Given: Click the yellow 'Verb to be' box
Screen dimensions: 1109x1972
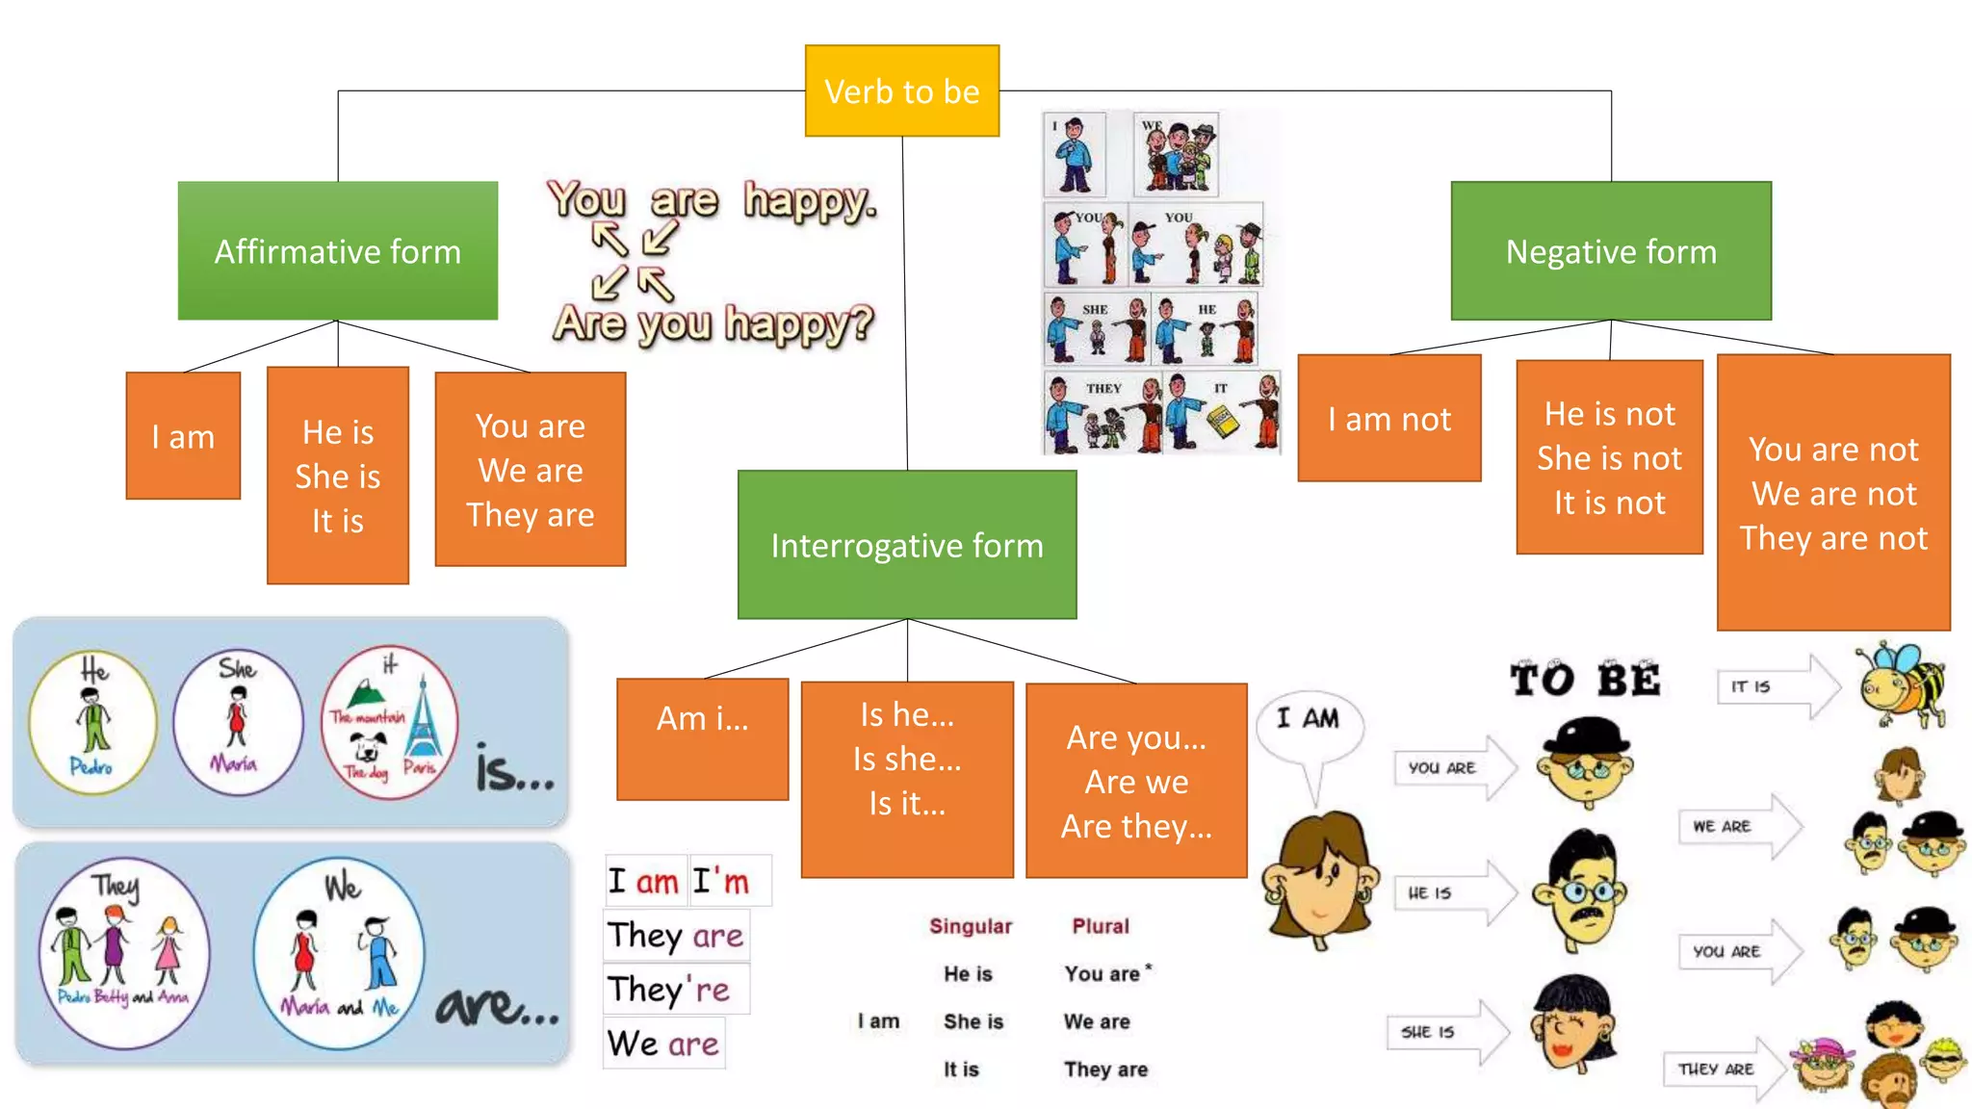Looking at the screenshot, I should click(901, 90).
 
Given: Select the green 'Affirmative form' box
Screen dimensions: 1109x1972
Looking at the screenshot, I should click(337, 250).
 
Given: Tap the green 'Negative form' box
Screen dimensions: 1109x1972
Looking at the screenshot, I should click(1611, 250).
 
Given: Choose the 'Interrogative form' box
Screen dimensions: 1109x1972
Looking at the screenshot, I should click(906, 545).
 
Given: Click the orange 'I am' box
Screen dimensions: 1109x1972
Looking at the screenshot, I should click(183, 436).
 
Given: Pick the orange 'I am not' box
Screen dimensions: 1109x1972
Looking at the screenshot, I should click(1388, 419).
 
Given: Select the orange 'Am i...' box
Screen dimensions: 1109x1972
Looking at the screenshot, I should click(702, 738).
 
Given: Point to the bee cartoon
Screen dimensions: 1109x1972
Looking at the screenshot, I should click(1901, 684).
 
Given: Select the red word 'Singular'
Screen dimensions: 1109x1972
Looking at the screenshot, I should click(971, 926).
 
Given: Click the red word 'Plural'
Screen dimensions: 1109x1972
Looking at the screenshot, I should click(1101, 926).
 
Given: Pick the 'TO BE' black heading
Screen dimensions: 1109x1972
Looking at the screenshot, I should click(1585, 680).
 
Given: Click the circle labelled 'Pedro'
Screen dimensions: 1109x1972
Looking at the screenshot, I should click(92, 722).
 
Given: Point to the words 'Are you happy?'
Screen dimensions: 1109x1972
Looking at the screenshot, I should click(714, 323).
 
